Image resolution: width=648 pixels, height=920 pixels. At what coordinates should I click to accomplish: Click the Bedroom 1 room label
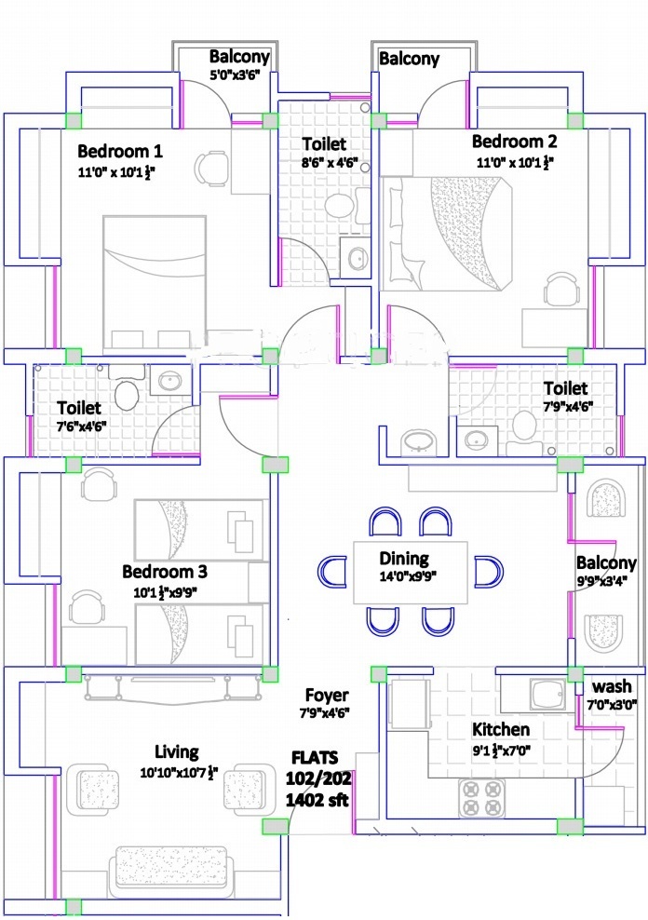pos(119,152)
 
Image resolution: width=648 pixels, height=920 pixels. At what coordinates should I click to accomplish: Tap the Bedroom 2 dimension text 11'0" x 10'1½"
pos(514,163)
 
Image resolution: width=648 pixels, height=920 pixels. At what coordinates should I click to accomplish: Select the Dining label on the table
pos(404,558)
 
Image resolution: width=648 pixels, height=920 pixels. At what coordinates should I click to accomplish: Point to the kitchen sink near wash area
pos(547,694)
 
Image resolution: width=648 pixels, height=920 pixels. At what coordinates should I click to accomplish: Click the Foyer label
pos(327,696)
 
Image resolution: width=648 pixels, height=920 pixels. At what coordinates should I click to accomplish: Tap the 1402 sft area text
pos(317,799)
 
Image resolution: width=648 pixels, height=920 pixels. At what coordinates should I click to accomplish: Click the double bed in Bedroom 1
pos(155,283)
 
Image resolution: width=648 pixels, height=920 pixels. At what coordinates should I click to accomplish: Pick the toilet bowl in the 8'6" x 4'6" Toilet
pos(339,206)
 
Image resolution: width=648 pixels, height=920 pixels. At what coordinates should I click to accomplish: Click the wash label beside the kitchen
pos(612,686)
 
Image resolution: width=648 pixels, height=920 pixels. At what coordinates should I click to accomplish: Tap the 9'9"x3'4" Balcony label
pos(606,562)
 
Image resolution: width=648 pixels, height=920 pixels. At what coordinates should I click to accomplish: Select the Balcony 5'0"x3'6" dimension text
pos(235,75)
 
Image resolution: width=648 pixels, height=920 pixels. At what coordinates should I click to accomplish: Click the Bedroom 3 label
pos(165,572)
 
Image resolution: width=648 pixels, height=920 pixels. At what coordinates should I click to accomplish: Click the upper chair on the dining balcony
pos(606,498)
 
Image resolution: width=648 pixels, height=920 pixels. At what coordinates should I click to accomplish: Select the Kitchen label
pos(501,729)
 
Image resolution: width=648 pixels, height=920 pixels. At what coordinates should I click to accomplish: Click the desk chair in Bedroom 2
pos(561,290)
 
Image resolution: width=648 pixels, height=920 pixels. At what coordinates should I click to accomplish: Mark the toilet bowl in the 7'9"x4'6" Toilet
pos(523,425)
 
